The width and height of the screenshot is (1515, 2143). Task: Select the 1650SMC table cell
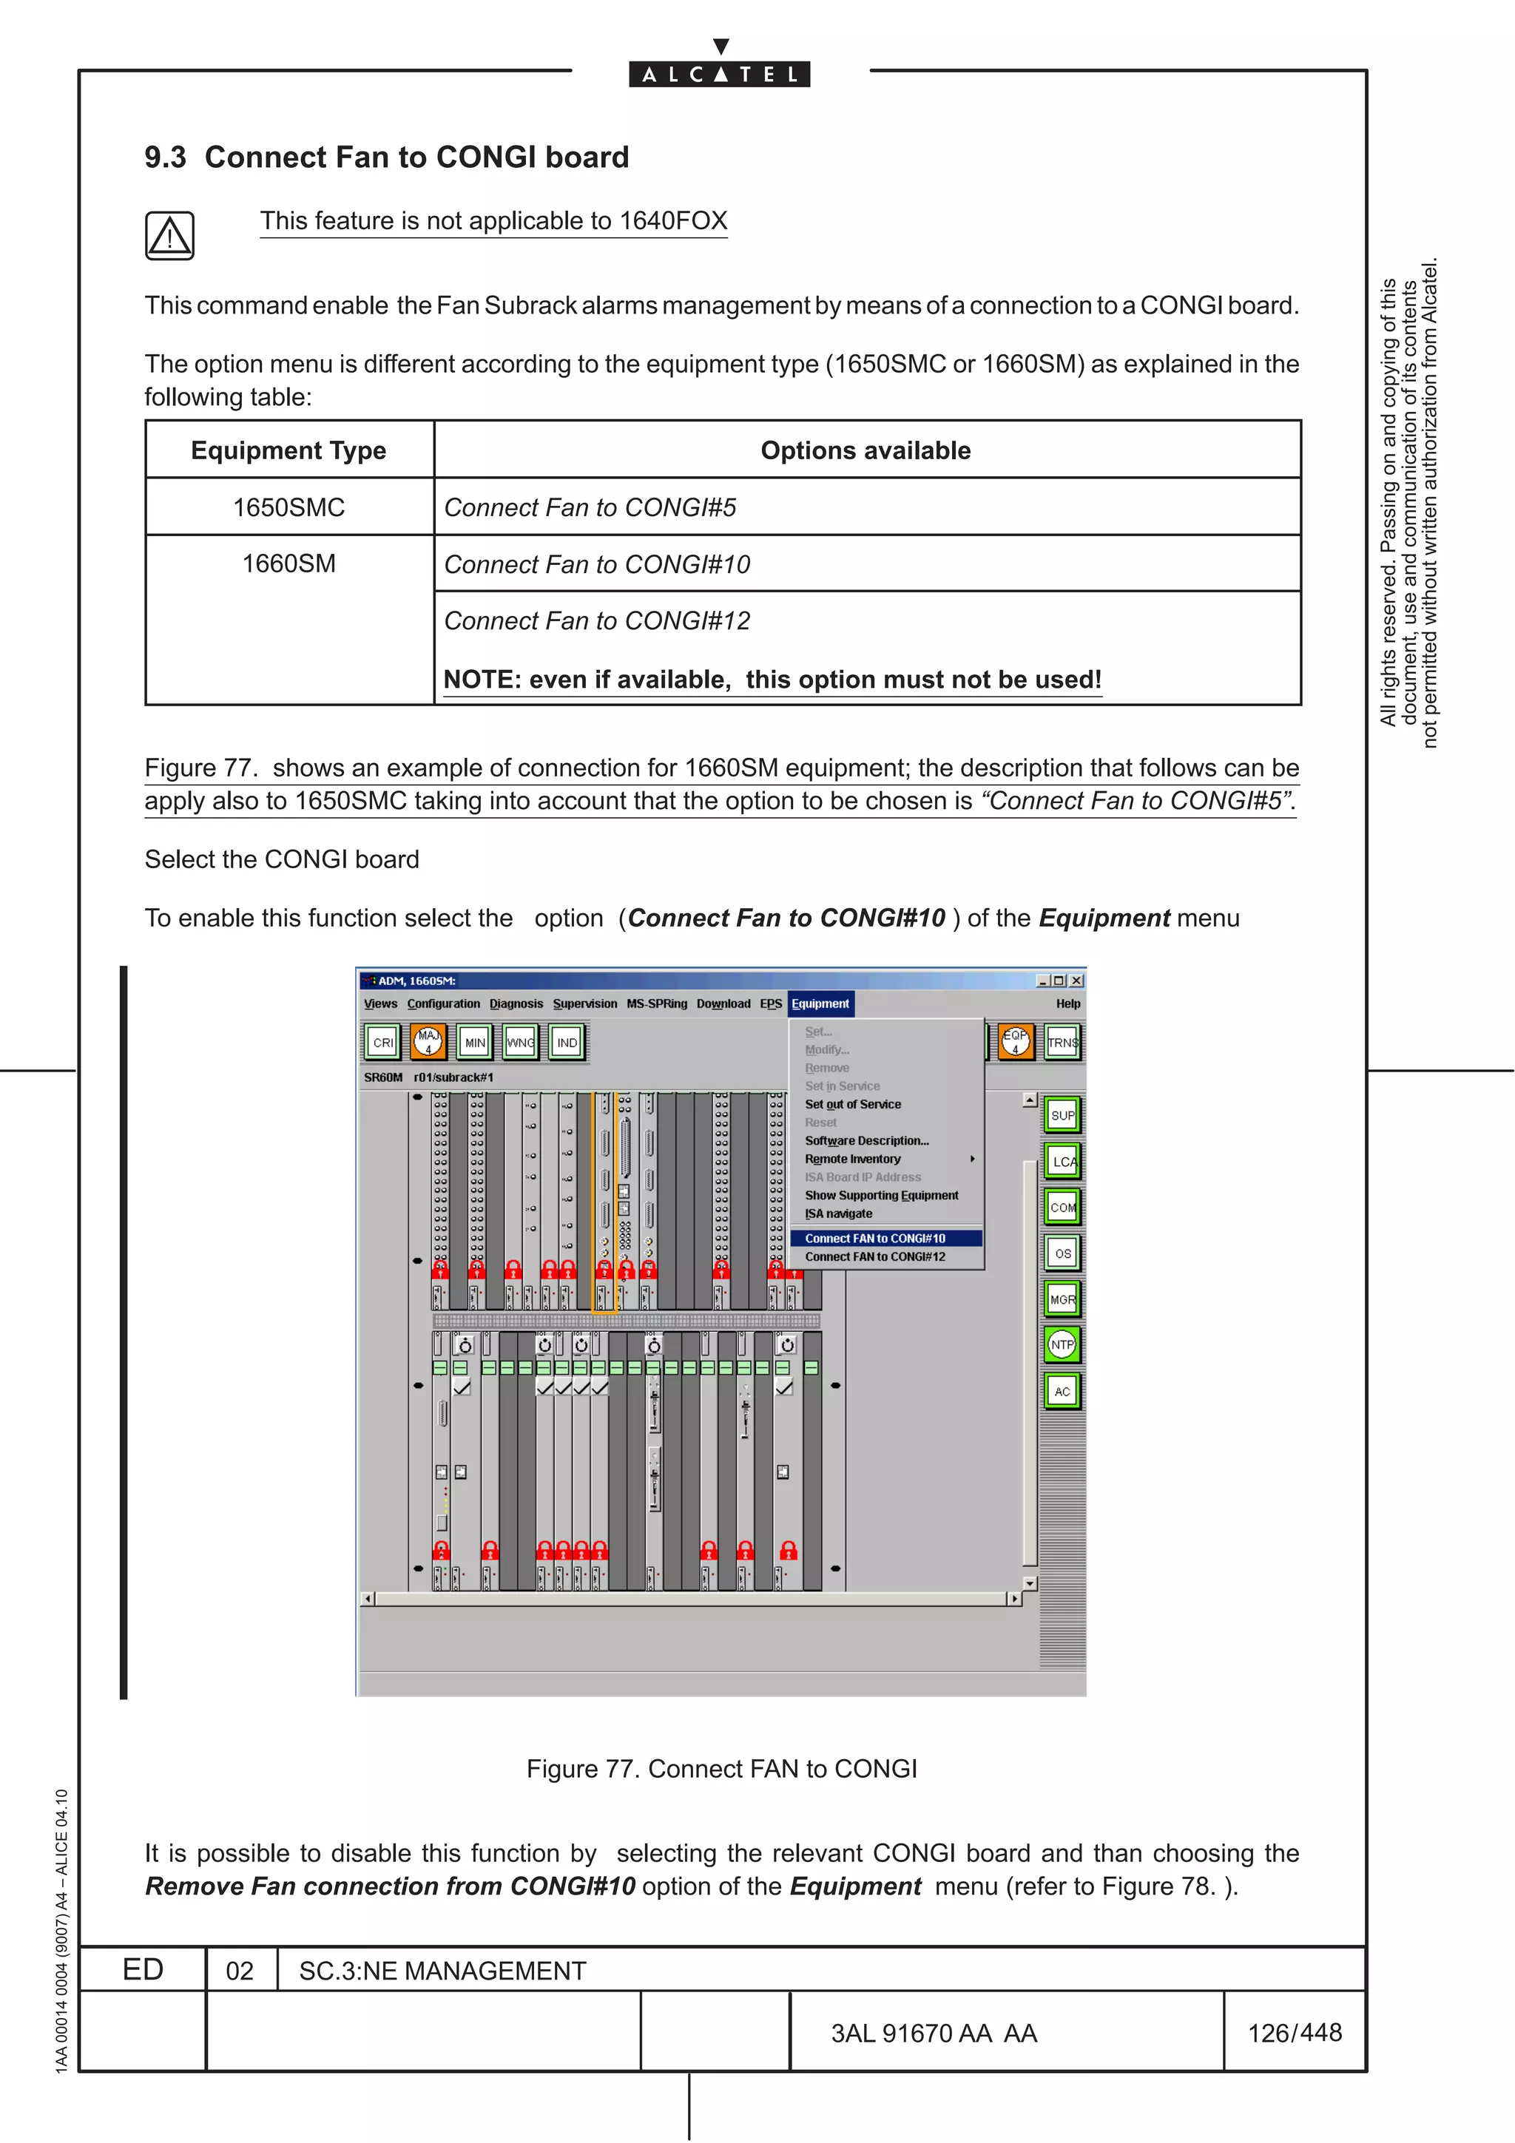(289, 508)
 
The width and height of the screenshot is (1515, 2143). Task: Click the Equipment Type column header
(289, 451)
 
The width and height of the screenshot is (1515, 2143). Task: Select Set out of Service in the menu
(852, 1104)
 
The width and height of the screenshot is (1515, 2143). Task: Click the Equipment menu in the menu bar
(820, 1004)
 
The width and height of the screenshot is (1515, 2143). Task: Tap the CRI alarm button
(382, 1043)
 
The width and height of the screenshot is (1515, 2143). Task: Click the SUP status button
(1062, 1115)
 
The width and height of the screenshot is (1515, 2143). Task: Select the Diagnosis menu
(516, 1004)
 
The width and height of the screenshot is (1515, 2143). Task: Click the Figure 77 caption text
(721, 1769)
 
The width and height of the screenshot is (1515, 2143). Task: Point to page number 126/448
(1294, 2032)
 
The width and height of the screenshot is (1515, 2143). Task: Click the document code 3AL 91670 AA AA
(934, 2033)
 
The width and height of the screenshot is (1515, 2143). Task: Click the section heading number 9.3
(165, 158)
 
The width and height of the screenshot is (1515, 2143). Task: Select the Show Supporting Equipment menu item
(881, 1196)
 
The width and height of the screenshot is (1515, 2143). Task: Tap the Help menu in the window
(1068, 1004)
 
